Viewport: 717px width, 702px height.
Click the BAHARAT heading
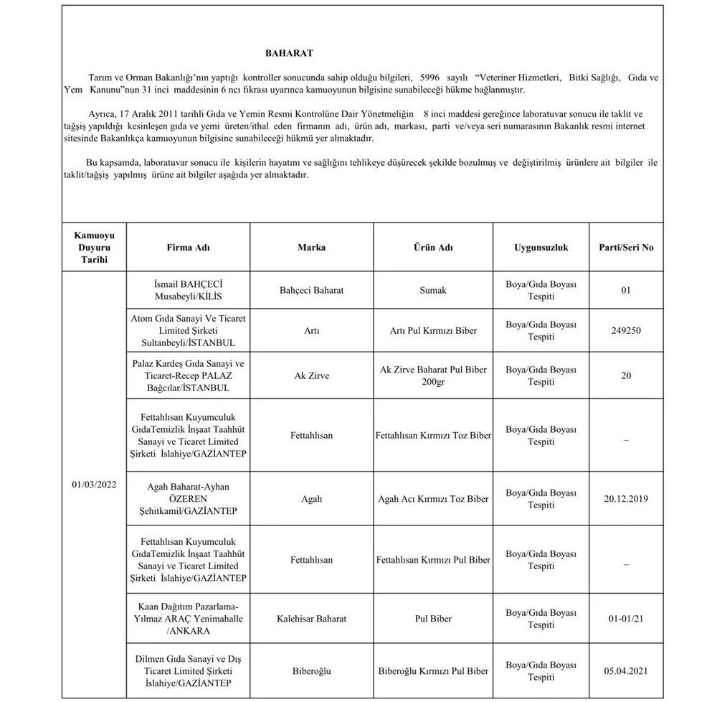point(289,53)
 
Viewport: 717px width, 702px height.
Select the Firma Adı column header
point(189,248)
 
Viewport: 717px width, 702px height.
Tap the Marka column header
point(311,248)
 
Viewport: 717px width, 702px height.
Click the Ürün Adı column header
point(433,248)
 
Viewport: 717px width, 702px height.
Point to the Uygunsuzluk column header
point(541,248)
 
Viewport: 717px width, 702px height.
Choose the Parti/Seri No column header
point(626,248)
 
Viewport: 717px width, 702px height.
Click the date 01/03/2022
point(93,484)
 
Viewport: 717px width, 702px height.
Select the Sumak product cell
point(433,290)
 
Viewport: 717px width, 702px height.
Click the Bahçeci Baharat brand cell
point(311,290)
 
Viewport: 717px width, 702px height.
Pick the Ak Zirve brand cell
point(311,375)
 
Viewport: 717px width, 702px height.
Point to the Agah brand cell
point(311,498)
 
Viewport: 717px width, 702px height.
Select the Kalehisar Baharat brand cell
point(311,617)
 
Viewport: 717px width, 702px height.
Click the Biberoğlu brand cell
point(311,671)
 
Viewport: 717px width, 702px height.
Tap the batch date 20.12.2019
point(626,498)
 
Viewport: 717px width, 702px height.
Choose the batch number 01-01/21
point(626,617)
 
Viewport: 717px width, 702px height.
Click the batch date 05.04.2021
point(626,671)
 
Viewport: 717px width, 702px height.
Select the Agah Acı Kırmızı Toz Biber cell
point(433,498)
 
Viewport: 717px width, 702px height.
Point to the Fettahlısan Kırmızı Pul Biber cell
point(433,560)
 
